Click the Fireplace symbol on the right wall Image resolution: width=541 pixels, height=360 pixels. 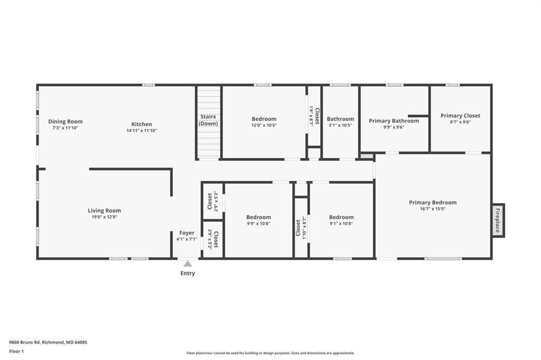click(498, 220)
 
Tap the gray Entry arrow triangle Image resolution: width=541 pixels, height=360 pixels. click(188, 264)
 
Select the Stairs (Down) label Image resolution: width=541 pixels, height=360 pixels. click(208, 120)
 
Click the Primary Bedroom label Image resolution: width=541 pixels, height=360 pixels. click(433, 202)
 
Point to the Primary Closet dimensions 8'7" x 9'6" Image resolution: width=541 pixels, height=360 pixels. click(460, 122)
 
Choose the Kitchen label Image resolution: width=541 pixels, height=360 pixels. click(142, 124)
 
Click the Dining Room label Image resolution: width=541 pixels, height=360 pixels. click(65, 121)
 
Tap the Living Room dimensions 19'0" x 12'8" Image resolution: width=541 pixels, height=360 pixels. click(104, 217)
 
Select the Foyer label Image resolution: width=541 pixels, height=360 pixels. click(186, 233)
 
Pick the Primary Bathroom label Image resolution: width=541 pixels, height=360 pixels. click(394, 121)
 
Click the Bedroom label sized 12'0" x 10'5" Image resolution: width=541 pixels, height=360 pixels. click(264, 119)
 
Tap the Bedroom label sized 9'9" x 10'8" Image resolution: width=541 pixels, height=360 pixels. click(258, 217)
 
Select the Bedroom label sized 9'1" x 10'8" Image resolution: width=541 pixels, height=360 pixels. click(341, 217)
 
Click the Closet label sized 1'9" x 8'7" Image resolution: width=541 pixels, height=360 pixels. click(317, 116)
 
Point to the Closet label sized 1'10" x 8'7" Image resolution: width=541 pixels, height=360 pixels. click(298, 228)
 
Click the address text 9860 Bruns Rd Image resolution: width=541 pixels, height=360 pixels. click(24, 343)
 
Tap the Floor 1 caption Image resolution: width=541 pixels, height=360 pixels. click(16, 352)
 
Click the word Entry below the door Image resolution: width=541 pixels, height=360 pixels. click(188, 273)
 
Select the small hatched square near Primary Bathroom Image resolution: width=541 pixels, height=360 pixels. click(367, 156)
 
